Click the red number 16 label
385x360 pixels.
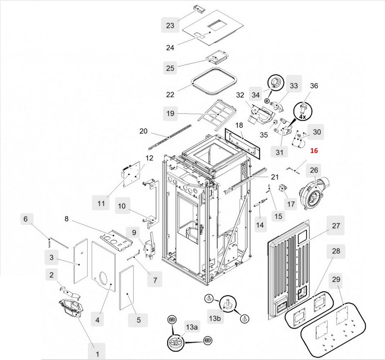pos(313,151)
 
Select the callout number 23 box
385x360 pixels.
pos(170,25)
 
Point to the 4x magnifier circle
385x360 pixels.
pos(302,111)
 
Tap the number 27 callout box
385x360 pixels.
pos(336,225)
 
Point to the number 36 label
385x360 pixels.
pos(314,86)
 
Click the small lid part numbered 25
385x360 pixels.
pos(216,58)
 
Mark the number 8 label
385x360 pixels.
pos(67,219)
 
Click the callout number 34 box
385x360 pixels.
pos(255,95)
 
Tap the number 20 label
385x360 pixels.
pos(143,131)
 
